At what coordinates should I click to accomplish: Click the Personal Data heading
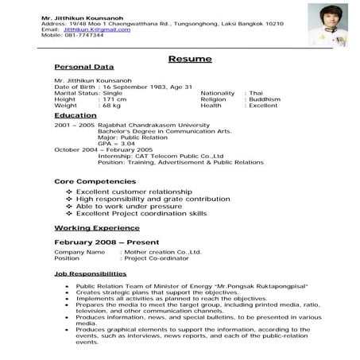pos(83,68)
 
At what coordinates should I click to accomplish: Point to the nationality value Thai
pos(256,92)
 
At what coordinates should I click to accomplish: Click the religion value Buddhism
pos(265,99)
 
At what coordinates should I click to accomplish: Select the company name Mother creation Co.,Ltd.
pos(161,252)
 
